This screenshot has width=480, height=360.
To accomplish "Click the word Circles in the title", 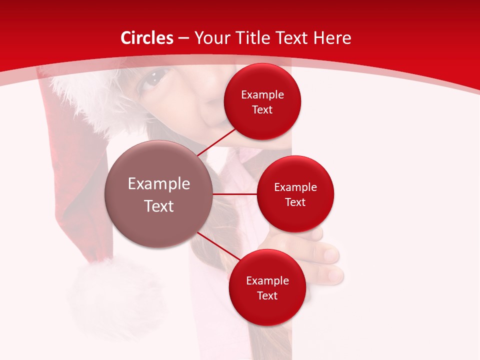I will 147,38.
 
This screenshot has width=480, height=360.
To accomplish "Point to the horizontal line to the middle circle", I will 234,194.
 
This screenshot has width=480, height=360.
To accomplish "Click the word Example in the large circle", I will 158,184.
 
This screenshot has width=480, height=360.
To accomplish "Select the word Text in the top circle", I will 262,110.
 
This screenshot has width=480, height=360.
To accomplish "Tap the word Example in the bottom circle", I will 267,281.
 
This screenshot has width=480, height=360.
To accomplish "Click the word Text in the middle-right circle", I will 295,202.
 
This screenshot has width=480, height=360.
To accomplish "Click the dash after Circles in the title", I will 183,38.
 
